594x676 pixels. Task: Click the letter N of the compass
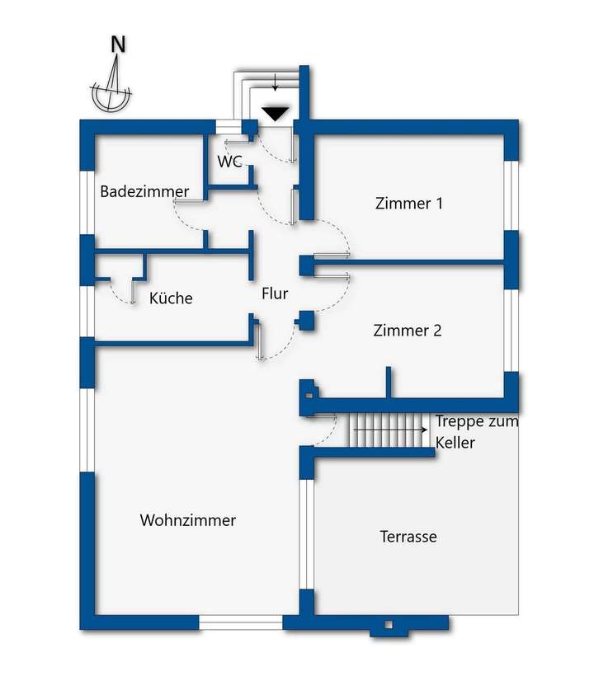click(x=118, y=45)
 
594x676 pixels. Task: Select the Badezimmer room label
click(x=144, y=191)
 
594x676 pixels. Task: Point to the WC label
click(x=230, y=162)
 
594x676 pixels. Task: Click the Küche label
click(x=171, y=298)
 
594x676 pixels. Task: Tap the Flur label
click(x=275, y=293)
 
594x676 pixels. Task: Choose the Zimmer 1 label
click(x=408, y=203)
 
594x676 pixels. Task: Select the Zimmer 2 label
click(x=408, y=331)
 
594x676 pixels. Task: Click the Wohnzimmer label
click(x=188, y=520)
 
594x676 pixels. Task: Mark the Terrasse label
click(x=408, y=537)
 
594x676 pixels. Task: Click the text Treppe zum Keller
click(x=477, y=431)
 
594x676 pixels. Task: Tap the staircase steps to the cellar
click(x=388, y=430)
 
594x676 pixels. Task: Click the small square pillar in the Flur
click(x=306, y=320)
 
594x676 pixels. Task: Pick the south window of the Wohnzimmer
click(x=241, y=622)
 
